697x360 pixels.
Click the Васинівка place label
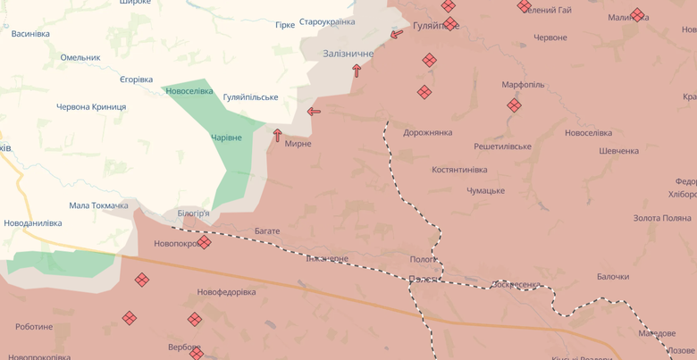30,34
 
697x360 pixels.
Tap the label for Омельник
80,57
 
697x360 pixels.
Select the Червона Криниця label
91,107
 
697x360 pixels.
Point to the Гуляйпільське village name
250,97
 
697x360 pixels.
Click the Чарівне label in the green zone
226,138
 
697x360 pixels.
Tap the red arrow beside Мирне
278,136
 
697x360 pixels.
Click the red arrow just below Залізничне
357,71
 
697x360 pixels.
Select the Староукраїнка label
327,21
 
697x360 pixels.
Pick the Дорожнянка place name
427,133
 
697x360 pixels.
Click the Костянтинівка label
459,170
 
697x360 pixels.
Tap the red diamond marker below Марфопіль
514,105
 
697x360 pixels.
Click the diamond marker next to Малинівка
637,15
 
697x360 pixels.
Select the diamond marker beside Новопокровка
205,242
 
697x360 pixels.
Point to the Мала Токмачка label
98,205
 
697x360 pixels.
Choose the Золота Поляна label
662,218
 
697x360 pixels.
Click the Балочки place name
613,277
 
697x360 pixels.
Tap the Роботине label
34,327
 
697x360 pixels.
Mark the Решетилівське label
502,147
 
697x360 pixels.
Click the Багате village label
267,231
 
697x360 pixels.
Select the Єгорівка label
136,80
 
